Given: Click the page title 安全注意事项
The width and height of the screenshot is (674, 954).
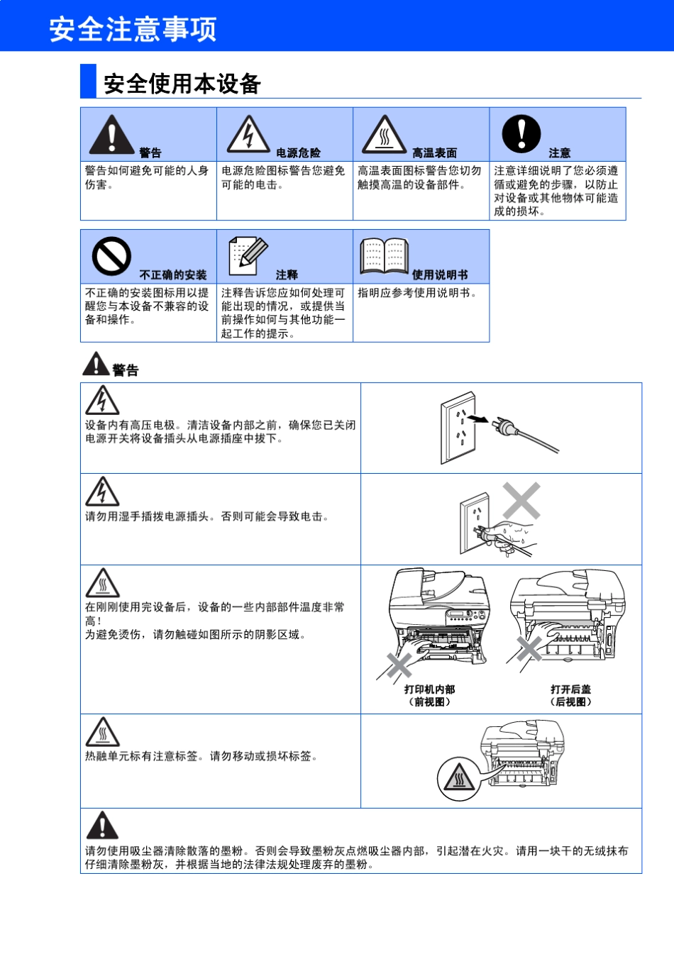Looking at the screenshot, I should click(133, 29).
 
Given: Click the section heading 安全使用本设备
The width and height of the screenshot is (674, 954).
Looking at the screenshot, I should click(182, 84).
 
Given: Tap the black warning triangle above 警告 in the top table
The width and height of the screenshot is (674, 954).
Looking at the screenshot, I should click(111, 135).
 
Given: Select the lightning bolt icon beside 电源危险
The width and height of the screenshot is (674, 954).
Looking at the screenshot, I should click(248, 135).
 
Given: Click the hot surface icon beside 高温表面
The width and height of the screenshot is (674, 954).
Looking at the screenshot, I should click(384, 135).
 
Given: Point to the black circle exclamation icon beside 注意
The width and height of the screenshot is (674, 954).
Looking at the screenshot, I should click(521, 134).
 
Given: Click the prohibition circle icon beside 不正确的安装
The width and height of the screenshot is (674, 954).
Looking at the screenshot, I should click(111, 256).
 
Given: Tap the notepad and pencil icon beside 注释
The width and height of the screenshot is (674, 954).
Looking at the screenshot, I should click(248, 256).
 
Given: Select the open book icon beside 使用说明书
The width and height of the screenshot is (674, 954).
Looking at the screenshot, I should click(384, 256).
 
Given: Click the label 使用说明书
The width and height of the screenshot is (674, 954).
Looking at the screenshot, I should click(440, 274).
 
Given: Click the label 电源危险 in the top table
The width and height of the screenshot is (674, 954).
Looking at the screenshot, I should click(298, 152).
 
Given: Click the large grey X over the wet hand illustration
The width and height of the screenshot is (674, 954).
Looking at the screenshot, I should click(521, 501).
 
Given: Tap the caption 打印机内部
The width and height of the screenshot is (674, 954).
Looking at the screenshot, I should click(429, 689).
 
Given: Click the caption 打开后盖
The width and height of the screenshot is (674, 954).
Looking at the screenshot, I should click(570, 689).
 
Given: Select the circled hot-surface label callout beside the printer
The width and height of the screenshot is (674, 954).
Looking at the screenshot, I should click(458, 777).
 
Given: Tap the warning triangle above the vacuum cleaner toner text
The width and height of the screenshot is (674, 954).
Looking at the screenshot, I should click(102, 826).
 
